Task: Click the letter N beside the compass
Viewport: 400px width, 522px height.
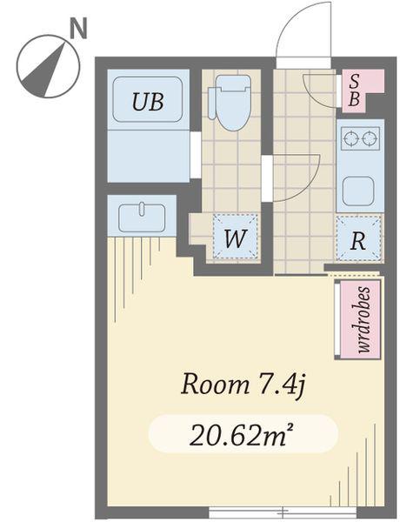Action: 78,29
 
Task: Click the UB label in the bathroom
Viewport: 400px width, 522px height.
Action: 148,102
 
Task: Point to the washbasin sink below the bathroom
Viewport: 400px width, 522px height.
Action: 142,217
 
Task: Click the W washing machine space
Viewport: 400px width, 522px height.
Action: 236,237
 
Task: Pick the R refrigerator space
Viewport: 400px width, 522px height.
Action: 358,238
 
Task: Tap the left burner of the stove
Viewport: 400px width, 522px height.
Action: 350,138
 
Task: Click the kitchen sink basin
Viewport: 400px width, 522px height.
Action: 358,191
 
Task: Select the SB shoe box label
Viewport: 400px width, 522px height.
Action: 355,90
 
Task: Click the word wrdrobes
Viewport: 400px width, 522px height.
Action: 363,319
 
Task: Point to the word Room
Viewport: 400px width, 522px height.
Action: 215,385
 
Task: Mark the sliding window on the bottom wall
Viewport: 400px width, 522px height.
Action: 283,512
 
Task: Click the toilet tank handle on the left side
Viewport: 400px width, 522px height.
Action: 211,104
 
